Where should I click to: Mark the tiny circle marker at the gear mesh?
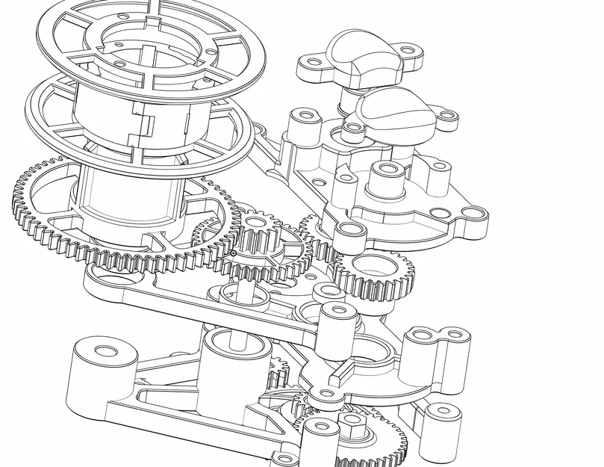pos(234,254)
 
